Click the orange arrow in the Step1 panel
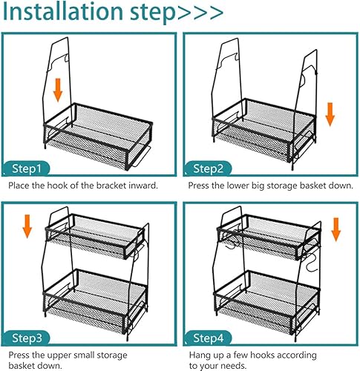point(58,90)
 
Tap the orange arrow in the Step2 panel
point(330,114)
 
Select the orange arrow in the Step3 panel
point(27,226)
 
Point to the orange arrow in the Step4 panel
point(336,229)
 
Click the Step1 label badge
point(27,168)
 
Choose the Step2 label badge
point(208,168)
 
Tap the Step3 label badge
point(27,338)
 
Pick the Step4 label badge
point(208,338)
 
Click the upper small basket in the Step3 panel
point(95,236)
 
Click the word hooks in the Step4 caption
point(262,355)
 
